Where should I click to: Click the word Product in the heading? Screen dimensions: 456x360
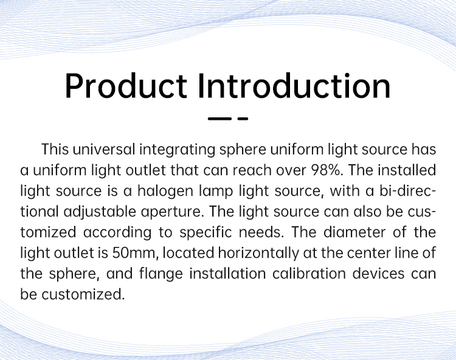pyautogui.click(x=126, y=86)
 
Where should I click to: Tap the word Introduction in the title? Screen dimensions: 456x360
pyautogui.click(x=294, y=86)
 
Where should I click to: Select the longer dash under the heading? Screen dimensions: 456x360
pyautogui.click(x=219, y=119)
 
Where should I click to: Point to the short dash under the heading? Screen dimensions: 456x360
pyautogui.click(x=243, y=119)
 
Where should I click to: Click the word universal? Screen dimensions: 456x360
pyautogui.click(x=104, y=150)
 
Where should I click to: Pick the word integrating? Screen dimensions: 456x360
pyautogui.click(x=177, y=150)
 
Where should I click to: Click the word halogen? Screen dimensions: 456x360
pyautogui.click(x=165, y=192)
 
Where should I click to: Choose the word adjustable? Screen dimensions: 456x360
pyautogui.click(x=100, y=212)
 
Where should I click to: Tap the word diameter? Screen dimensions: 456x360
pyautogui.click(x=354, y=232)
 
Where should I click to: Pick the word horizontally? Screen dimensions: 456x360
pyautogui.click(x=258, y=254)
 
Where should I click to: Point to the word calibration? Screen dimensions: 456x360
pyautogui.click(x=309, y=274)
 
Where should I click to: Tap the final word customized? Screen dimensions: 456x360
pyautogui.click(x=83, y=294)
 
